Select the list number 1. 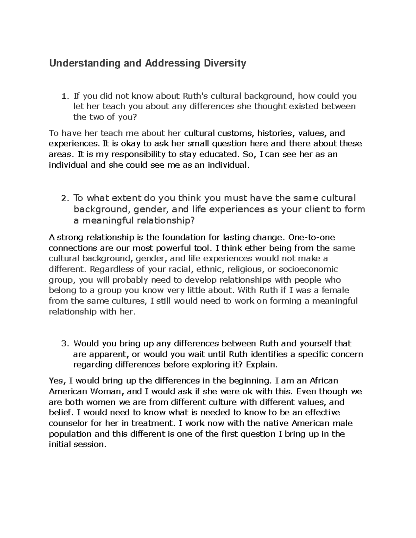click(62, 96)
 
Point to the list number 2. click(63, 199)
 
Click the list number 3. click(63, 344)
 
